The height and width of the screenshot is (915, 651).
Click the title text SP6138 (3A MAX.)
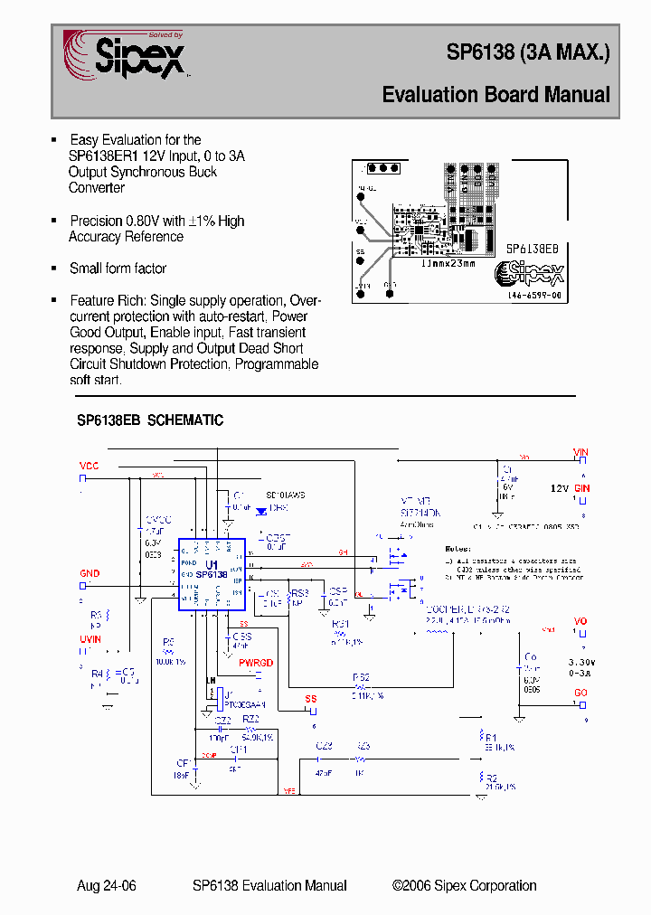coord(528,53)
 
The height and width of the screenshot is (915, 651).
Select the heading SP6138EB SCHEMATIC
coord(150,420)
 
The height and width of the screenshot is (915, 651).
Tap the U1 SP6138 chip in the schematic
coord(212,574)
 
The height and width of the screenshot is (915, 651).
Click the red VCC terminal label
coord(89,466)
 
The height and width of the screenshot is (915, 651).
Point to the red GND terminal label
coord(90,573)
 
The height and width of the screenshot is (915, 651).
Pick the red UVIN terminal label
coord(90,638)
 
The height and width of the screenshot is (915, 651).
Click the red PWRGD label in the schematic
coord(256,663)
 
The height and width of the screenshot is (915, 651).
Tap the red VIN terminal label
coord(580,452)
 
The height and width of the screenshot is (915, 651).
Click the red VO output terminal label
coord(580,621)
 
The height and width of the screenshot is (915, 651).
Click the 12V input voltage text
coord(560,488)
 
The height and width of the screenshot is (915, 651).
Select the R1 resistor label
coord(491,737)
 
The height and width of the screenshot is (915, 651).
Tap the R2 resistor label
coord(491,777)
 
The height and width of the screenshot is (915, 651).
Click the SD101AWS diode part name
coord(286,495)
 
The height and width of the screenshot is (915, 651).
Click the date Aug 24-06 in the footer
coord(107,886)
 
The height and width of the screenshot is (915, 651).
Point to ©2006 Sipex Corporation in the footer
coord(464,886)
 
